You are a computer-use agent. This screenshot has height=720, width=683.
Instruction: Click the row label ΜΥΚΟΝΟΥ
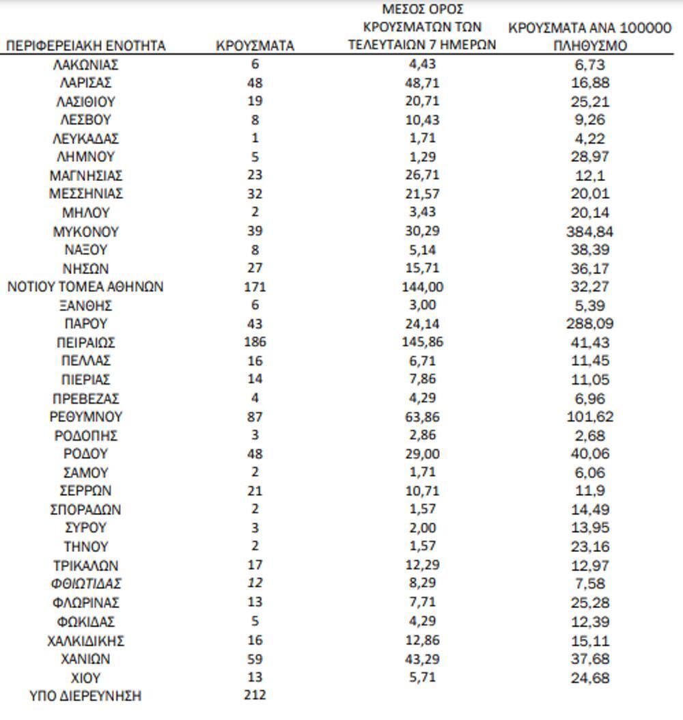(x=85, y=231)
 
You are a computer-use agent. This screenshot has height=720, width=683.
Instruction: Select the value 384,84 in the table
(x=591, y=231)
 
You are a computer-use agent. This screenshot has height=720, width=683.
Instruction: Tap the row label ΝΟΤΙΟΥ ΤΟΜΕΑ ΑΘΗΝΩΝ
(x=85, y=286)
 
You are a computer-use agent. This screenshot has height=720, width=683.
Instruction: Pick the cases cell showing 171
(x=255, y=286)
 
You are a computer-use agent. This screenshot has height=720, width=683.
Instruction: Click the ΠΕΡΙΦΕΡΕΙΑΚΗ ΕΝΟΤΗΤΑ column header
(x=85, y=46)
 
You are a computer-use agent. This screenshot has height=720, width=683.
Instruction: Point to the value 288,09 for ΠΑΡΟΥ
(x=591, y=324)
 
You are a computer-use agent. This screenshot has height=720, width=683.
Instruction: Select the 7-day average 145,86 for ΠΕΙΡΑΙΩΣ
(x=421, y=342)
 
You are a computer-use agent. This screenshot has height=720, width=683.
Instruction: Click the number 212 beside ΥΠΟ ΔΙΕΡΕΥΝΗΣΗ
(x=255, y=695)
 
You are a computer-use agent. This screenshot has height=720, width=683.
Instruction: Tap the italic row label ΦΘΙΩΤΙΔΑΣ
(x=85, y=584)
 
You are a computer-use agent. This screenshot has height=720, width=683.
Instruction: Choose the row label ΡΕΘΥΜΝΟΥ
(x=85, y=416)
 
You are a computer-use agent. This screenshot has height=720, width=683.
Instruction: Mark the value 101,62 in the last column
(x=591, y=416)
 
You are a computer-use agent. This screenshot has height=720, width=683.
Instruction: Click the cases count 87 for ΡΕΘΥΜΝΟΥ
(x=255, y=416)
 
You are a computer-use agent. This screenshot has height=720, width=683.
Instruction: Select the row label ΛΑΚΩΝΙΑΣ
(x=85, y=65)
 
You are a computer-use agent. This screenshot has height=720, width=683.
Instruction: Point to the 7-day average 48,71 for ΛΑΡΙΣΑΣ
(x=421, y=83)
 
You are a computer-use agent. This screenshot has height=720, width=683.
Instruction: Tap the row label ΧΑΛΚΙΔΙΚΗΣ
(x=85, y=641)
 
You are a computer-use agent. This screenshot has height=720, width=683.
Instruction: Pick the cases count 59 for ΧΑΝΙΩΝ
(x=255, y=659)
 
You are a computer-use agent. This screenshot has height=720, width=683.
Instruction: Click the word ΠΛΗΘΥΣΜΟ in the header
(x=591, y=46)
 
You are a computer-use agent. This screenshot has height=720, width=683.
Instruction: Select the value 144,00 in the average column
(x=421, y=286)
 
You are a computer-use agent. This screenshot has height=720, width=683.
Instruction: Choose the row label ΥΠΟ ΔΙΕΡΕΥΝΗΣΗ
(x=85, y=696)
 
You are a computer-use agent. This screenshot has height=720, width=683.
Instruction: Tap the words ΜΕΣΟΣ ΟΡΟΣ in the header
(x=421, y=10)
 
